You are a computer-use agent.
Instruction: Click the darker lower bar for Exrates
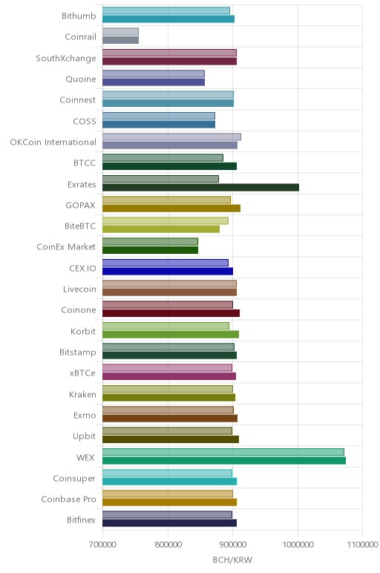[200, 188]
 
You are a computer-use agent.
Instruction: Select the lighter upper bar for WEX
[223, 452]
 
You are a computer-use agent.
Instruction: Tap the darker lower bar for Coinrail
[120, 40]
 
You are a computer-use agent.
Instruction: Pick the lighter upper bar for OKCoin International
[171, 137]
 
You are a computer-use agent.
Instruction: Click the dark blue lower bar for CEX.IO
[168, 271]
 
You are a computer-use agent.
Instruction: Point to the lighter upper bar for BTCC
[163, 157]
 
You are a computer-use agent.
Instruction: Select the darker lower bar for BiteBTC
[161, 229]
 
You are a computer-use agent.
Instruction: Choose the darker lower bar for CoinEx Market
[150, 250]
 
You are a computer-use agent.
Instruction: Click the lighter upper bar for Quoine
[154, 73]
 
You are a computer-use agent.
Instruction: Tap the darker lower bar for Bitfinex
[169, 523]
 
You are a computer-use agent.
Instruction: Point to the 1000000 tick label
[298, 545]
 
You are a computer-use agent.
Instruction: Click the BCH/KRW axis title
[232, 560]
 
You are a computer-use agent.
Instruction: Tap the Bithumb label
[79, 16]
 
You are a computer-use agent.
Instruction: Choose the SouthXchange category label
[66, 58]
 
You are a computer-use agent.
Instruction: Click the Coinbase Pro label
[69, 499]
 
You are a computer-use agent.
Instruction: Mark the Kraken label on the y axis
[82, 394]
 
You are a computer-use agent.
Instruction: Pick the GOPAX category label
[80, 205]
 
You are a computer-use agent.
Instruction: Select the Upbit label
[85, 436]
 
